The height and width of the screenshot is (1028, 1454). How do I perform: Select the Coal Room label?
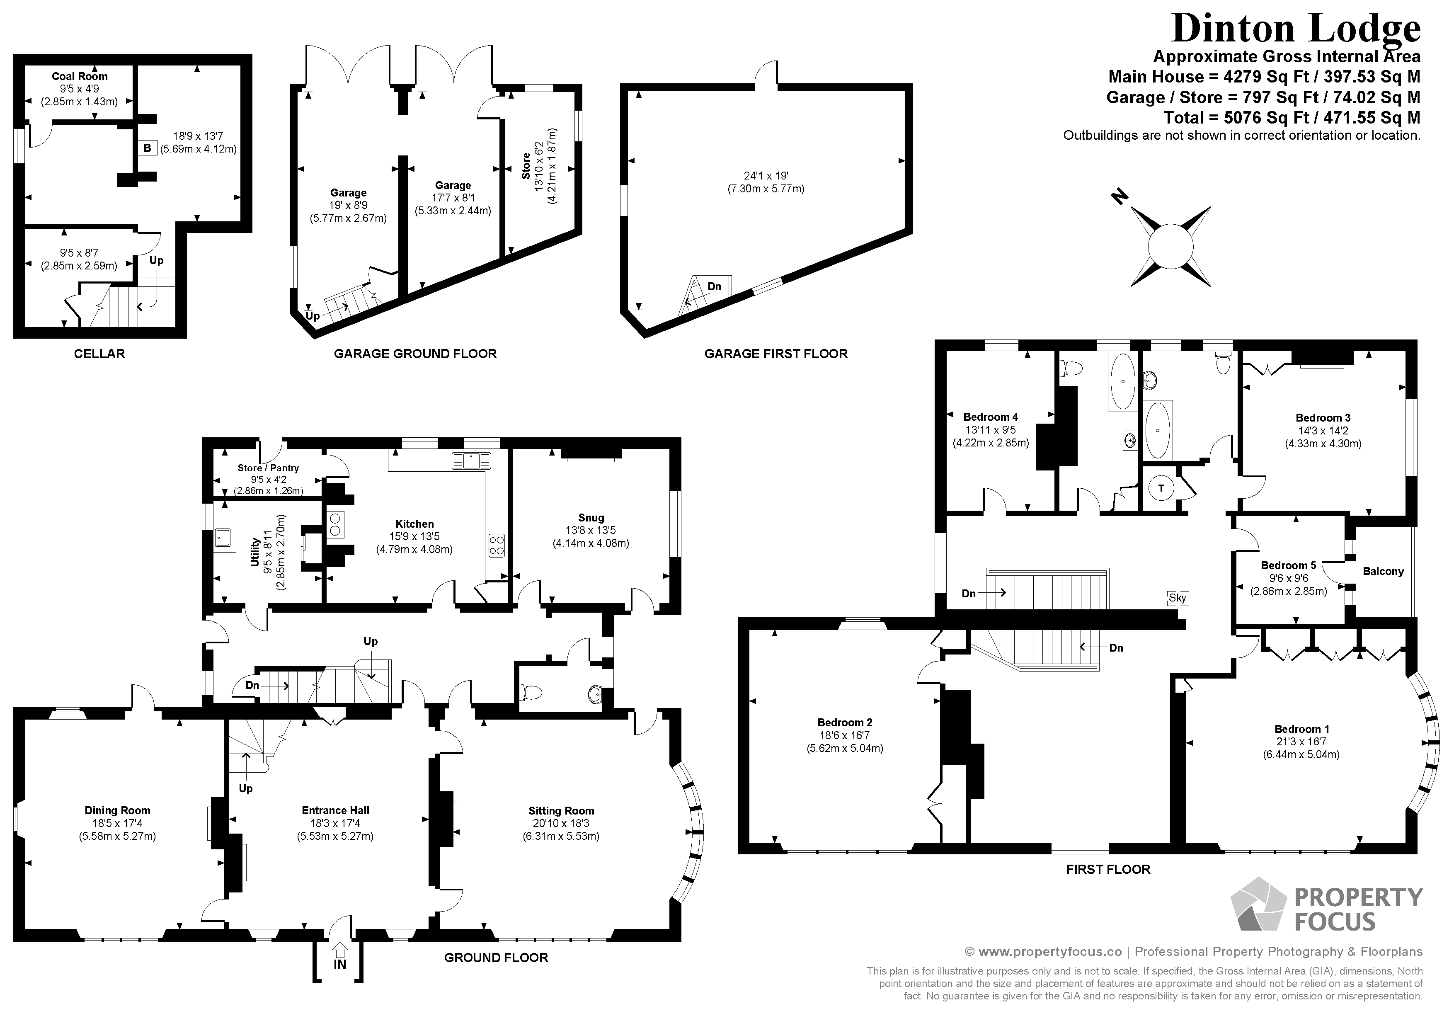pyautogui.click(x=80, y=76)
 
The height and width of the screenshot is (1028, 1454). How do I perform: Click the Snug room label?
pyautogui.click(x=591, y=517)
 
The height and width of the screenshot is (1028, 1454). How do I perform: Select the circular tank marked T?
pyautogui.click(x=1161, y=488)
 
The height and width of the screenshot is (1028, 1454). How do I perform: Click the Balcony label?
pyautogui.click(x=1383, y=571)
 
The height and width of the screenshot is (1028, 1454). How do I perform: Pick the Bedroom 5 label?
pyautogui.click(x=1288, y=565)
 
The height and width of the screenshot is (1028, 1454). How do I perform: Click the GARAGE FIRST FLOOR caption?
pyautogui.click(x=776, y=354)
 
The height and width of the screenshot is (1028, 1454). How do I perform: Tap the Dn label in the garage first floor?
pyautogui.click(x=714, y=286)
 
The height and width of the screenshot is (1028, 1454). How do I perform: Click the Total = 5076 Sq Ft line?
pyautogui.click(x=1292, y=118)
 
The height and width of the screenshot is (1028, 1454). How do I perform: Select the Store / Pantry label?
pyautogui.click(x=268, y=468)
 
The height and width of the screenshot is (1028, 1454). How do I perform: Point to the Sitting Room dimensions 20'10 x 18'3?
pyautogui.click(x=561, y=823)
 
